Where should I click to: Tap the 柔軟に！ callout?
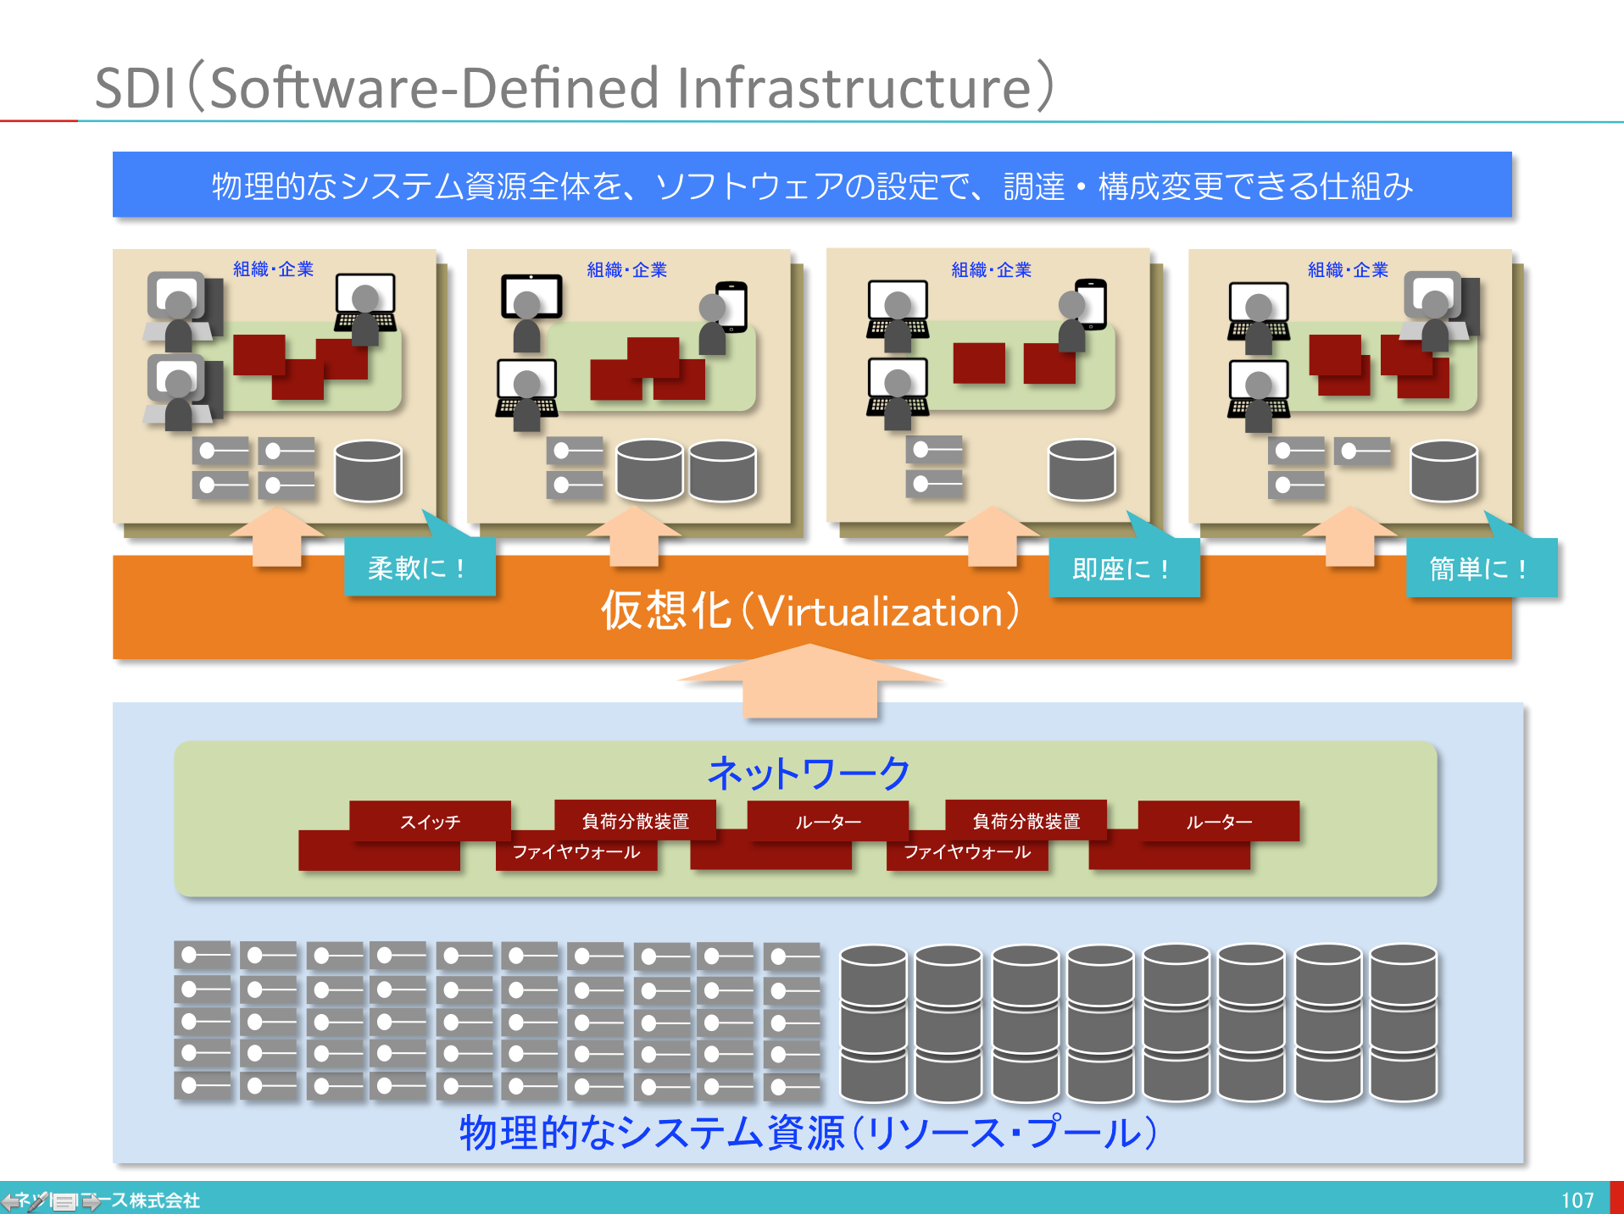click(419, 568)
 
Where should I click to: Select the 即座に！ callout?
click(1123, 568)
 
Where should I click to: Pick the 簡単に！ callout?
click(1480, 568)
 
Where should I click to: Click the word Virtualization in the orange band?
click(882, 612)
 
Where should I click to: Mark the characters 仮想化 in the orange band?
click(665, 611)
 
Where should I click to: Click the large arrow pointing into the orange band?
click(809, 680)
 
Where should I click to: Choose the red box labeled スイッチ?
click(430, 821)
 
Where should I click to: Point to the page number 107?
click(1577, 1200)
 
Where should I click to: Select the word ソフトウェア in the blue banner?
click(749, 186)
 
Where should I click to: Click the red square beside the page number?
click(1616, 1198)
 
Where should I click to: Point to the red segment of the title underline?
click(39, 121)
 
